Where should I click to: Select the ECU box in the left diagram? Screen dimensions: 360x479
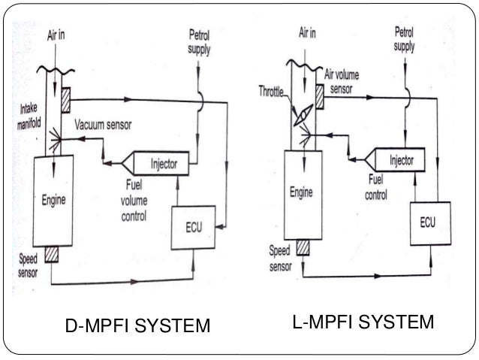194,227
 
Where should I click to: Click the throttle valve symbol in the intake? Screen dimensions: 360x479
303,114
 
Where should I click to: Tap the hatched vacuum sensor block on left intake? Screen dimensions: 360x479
66,98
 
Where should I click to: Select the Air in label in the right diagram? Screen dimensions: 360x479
308,33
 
